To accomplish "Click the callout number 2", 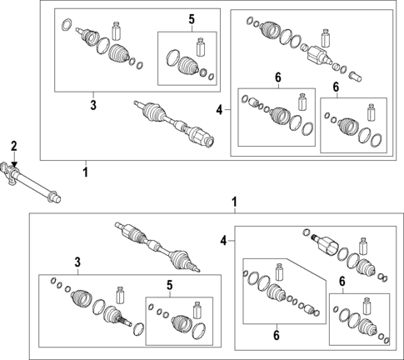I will coord(12,147).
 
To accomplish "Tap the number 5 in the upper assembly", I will coord(191,18).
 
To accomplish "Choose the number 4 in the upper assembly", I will coord(218,109).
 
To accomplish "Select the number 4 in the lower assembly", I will coord(222,241).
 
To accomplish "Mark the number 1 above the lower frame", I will coord(234,202).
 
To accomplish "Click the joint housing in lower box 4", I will coord(327,246).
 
